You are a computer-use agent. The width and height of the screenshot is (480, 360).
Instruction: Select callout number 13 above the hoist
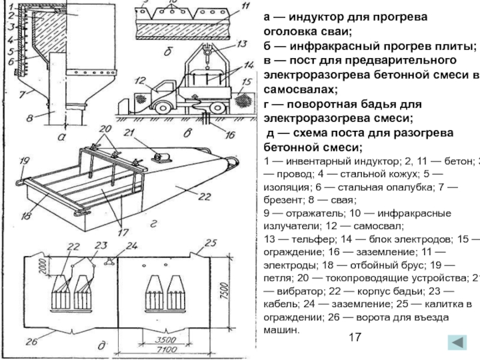pos(241,44)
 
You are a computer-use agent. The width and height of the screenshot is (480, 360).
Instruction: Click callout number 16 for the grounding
pos(230,135)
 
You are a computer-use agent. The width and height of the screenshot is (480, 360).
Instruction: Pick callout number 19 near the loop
pos(24,160)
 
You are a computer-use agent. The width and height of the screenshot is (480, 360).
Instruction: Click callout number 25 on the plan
pos(210,242)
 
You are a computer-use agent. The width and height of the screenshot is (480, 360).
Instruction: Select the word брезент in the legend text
pos(287,201)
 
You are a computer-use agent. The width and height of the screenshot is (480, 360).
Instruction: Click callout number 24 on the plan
pos(131,245)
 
